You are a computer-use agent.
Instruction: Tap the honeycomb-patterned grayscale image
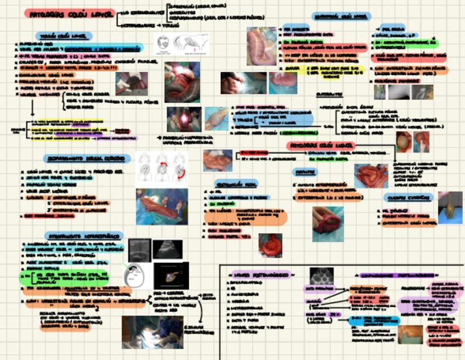click(x=322, y=275)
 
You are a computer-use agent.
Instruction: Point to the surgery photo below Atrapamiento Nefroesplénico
click(x=152, y=331)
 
